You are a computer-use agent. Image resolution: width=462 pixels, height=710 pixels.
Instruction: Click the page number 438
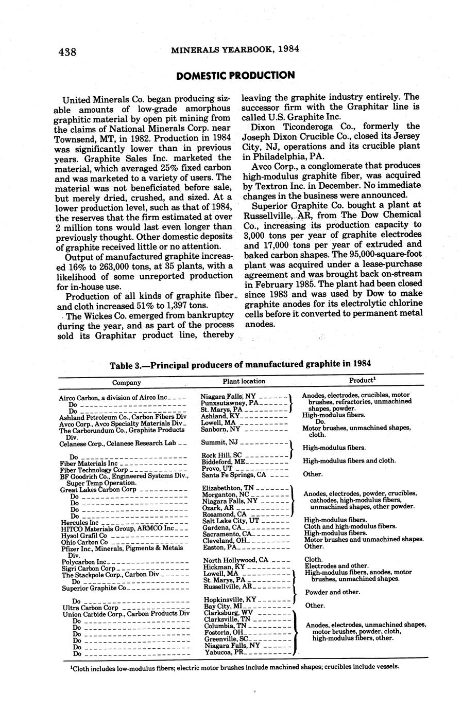67,52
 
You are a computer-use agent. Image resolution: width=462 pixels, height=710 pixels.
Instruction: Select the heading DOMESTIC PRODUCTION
235,76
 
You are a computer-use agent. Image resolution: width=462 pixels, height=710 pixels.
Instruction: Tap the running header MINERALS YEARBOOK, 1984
235,50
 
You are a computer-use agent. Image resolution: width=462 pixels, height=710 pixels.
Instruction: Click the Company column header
127,382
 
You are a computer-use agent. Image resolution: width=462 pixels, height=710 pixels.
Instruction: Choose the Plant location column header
244,381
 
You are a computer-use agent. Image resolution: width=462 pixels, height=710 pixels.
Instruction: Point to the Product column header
361,380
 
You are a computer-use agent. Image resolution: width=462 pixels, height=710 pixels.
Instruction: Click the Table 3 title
240,365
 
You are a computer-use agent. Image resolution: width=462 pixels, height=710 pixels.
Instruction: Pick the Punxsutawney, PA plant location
230,403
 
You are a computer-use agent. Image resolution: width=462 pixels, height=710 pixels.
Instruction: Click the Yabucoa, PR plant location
225,652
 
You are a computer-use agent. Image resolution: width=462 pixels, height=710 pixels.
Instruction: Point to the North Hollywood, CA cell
235,560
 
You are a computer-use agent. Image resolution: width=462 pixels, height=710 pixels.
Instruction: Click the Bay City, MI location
224,607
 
